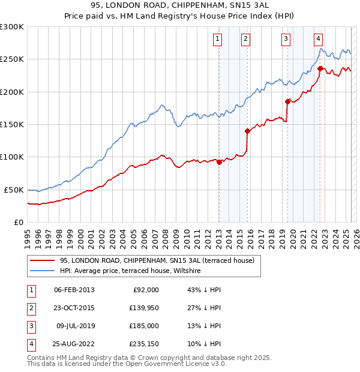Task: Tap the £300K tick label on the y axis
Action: point(12,27)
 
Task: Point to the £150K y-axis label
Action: point(12,125)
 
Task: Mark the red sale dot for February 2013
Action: point(220,162)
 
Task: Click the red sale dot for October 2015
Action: point(248,131)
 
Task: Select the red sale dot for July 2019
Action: point(287,101)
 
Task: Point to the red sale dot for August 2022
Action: point(320,68)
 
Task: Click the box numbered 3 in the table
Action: point(31,327)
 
